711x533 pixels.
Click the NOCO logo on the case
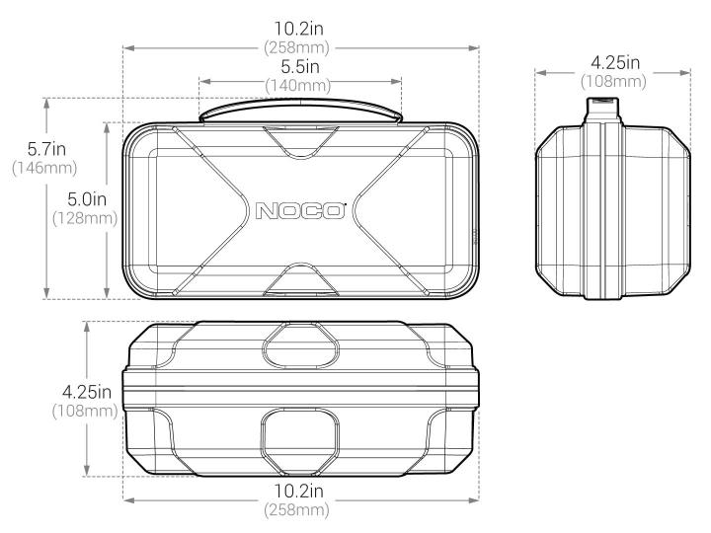300,211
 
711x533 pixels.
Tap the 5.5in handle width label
300,67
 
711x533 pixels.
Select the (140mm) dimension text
298,85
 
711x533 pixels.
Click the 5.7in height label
46,149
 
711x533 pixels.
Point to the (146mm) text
44,168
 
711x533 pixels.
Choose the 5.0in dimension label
87,199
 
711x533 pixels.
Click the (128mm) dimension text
85,218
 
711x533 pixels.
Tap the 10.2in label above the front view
298,29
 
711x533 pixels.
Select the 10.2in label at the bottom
298,491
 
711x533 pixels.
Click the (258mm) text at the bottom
296,510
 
